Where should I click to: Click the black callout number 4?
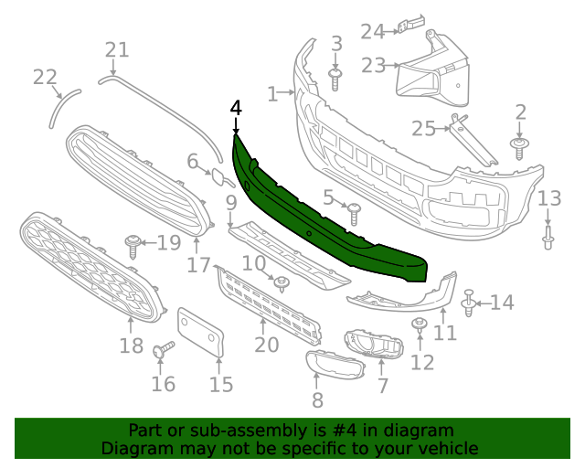pyautogui.click(x=236, y=108)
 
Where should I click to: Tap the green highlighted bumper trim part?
pyautogui.click(x=320, y=219)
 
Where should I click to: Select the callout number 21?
pyautogui.click(x=117, y=50)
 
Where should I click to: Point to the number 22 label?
pyautogui.click(x=45, y=77)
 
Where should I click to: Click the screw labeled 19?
pyautogui.click(x=134, y=244)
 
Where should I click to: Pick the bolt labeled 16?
pyautogui.click(x=161, y=349)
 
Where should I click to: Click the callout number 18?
pyautogui.click(x=132, y=346)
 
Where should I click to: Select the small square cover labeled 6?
pyautogui.click(x=222, y=177)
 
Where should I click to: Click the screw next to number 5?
pyautogui.click(x=355, y=214)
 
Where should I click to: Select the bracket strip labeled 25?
pyautogui.click(x=473, y=144)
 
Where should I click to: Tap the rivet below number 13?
pyautogui.click(x=548, y=238)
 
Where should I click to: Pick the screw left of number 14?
pyautogui.click(x=469, y=303)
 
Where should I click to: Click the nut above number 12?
pyautogui.click(x=420, y=325)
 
